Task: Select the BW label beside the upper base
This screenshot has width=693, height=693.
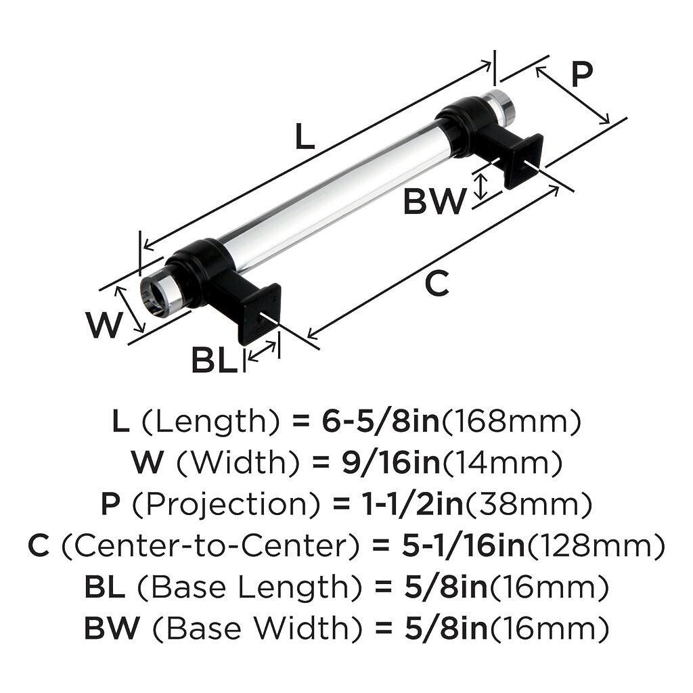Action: (434, 201)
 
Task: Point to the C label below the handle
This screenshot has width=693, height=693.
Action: (437, 284)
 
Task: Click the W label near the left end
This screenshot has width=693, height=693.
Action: (104, 325)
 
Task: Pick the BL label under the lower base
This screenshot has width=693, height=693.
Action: (215, 360)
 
